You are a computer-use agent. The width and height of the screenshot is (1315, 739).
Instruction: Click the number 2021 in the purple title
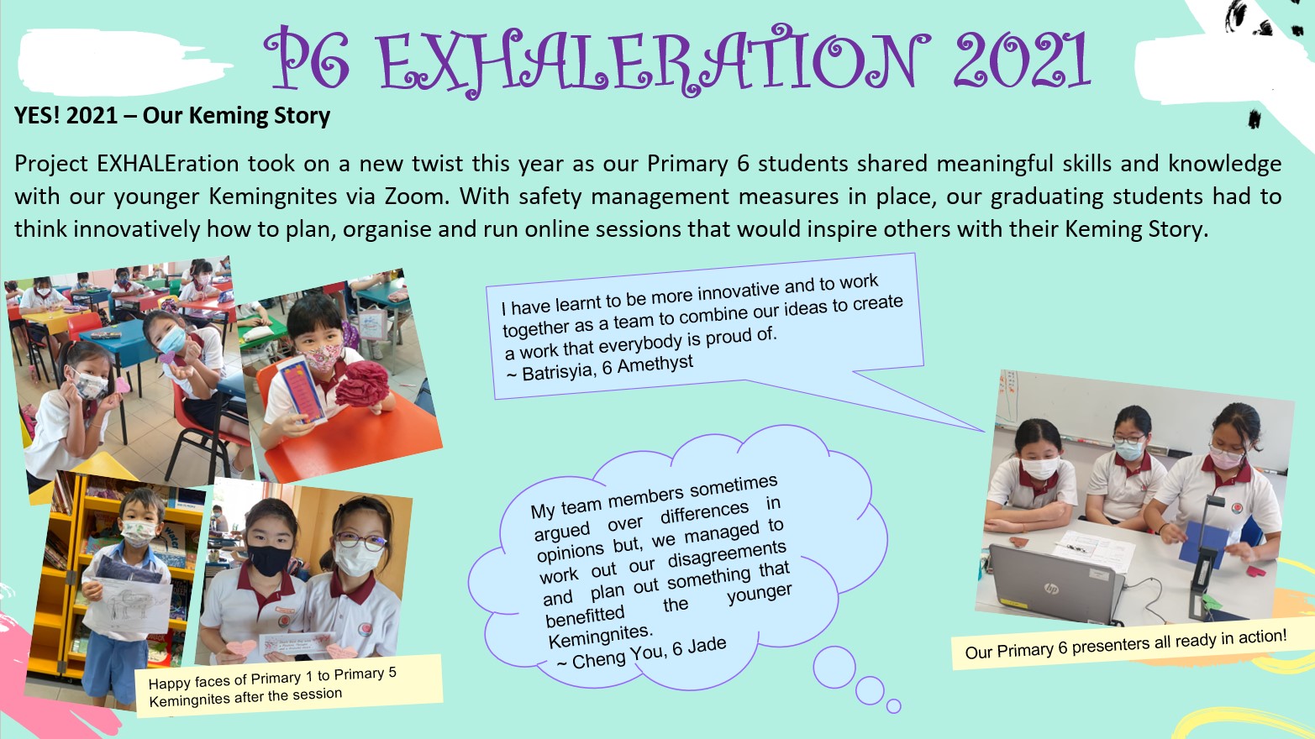coord(1023,60)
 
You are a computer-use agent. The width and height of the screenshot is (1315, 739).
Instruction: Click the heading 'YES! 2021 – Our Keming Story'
coord(172,116)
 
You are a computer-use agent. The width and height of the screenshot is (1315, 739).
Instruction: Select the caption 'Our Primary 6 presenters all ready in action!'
coord(1125,644)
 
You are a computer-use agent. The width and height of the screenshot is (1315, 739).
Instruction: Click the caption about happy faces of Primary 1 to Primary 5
coord(272,685)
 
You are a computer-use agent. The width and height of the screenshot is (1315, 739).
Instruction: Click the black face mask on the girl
coord(268,560)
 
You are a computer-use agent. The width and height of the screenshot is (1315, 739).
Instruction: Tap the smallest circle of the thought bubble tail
coord(893,706)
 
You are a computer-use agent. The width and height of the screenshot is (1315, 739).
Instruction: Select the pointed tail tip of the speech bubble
coord(983,431)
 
